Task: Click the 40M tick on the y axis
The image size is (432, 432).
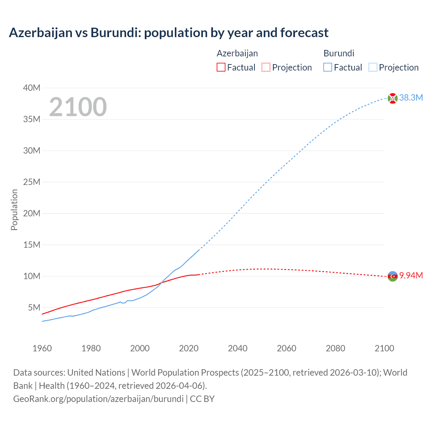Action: coord(32,88)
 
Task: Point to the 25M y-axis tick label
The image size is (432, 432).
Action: coord(32,182)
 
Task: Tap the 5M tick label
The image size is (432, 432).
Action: coord(34,307)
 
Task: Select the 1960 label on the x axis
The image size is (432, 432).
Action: coord(42,348)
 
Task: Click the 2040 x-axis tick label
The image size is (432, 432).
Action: coord(238,348)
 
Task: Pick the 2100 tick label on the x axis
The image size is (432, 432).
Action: coord(384,348)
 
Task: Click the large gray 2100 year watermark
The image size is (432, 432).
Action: coord(78,107)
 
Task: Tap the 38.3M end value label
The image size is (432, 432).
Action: coord(411,98)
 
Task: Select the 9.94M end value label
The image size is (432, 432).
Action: coord(411,276)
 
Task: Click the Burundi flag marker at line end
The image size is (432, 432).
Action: coord(393,98)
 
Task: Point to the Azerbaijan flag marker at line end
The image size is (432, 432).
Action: coord(393,276)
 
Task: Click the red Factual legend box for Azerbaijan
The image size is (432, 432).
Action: coord(221,67)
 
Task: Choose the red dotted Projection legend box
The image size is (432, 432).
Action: coord(266,67)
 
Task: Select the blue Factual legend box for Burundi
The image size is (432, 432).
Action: coord(328,67)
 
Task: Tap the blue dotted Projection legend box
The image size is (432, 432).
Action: coord(373,67)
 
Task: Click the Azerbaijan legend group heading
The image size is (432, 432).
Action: coord(237,53)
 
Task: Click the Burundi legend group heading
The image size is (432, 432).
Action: coord(339,53)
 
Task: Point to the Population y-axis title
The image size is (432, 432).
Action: coord(14,210)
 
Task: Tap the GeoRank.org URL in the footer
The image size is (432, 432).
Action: coord(98,399)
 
